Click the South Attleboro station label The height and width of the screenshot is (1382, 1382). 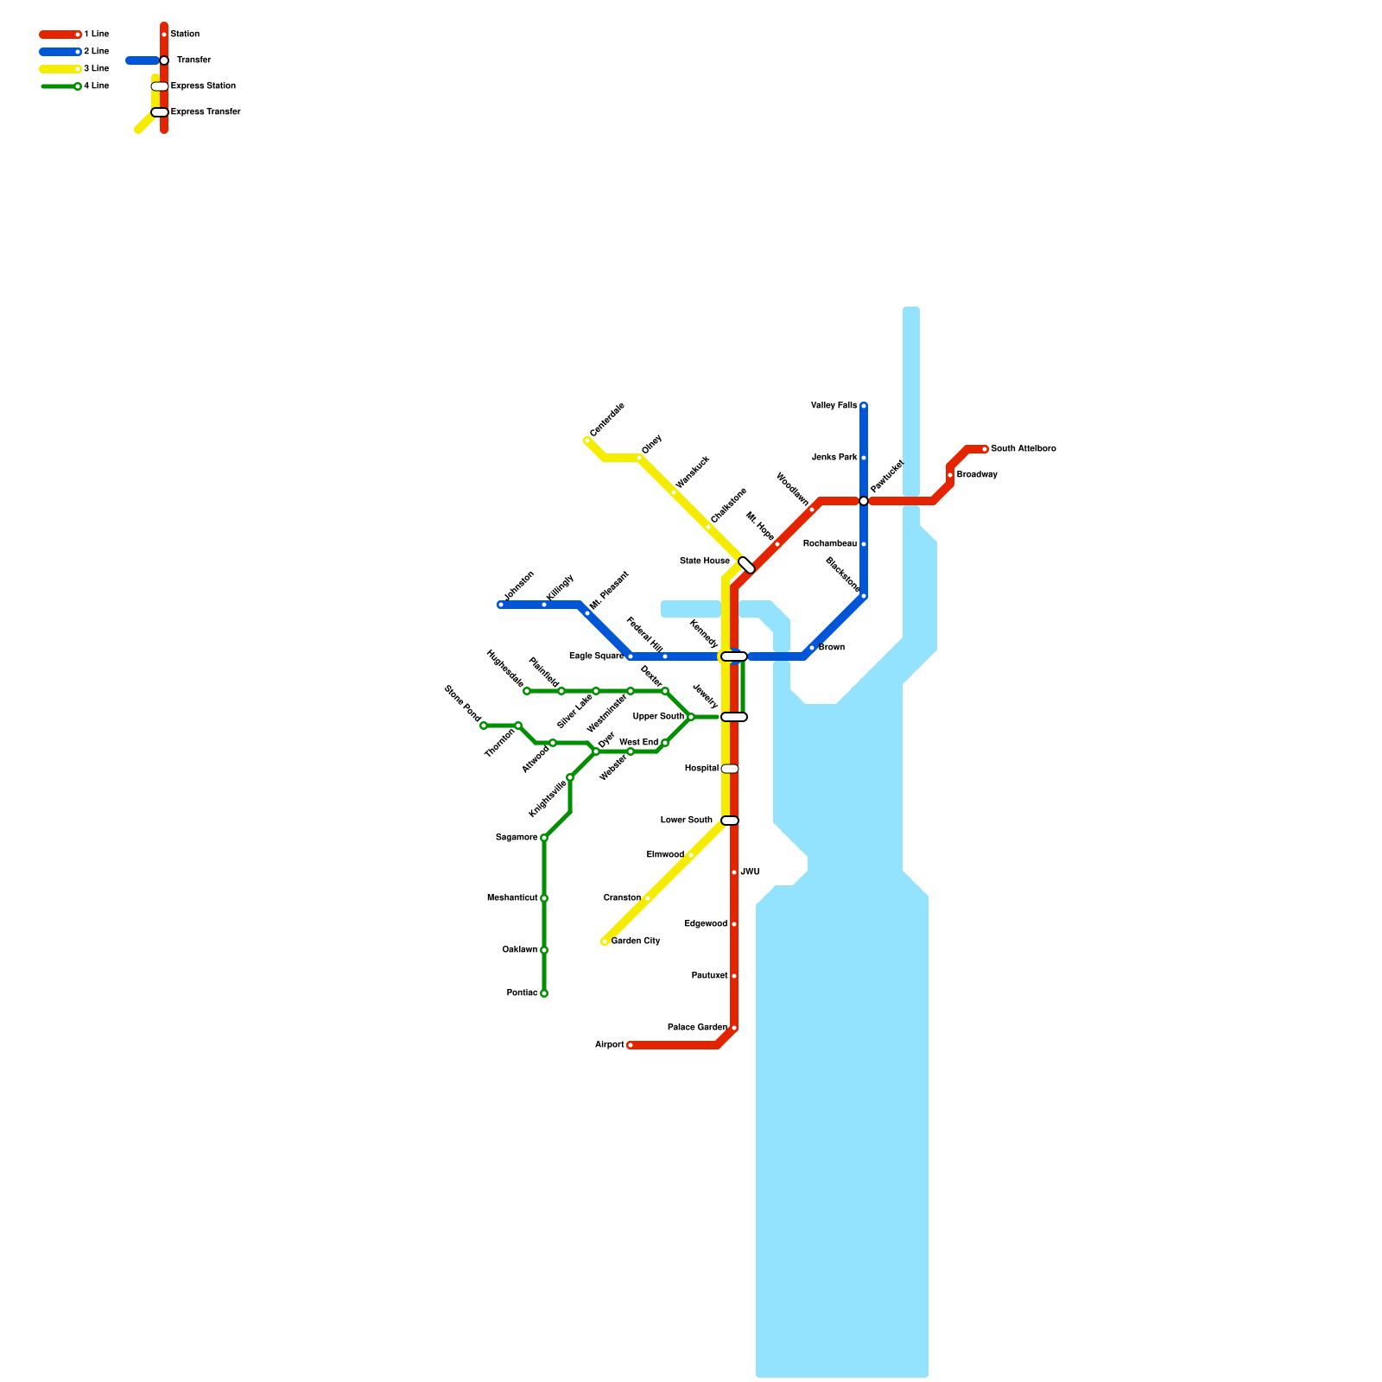tap(1023, 449)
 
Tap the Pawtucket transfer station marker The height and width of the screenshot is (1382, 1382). tap(864, 501)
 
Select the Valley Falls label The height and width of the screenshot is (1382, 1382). tap(834, 406)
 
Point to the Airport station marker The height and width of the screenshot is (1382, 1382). tap(631, 1045)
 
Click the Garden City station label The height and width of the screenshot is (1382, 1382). tap(636, 941)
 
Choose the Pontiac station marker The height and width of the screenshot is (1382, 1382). tap(544, 993)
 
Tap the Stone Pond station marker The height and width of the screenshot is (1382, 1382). tap(484, 726)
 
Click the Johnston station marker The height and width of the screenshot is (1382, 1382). tap(501, 605)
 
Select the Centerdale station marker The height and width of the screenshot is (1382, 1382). tap(587, 441)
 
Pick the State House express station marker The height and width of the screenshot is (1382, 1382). tap(747, 565)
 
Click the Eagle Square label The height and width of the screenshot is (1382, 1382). tap(596, 656)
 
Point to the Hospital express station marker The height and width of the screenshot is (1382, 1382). tap(730, 769)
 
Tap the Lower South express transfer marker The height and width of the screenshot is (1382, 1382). tap(730, 821)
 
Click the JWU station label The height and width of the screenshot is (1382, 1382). tap(750, 872)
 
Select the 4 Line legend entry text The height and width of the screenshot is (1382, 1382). tap(96, 86)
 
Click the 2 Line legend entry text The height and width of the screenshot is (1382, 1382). tap(96, 52)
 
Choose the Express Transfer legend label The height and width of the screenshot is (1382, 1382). tap(206, 112)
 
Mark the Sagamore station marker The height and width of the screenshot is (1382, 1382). tap(544, 838)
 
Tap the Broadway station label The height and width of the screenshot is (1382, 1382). tap(977, 475)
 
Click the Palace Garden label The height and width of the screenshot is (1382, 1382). tap(697, 1028)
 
